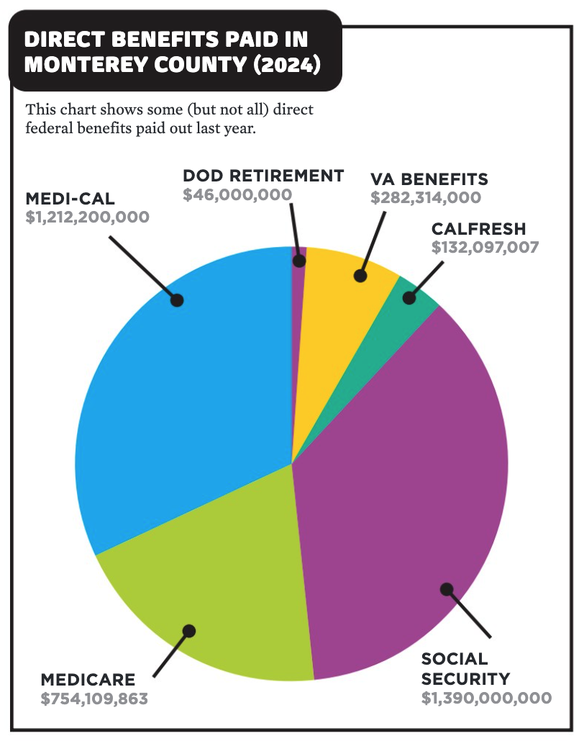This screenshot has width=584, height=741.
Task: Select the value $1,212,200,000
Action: [x=87, y=217]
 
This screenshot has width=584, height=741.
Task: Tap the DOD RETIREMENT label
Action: [x=263, y=175]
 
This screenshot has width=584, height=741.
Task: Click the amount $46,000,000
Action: [x=237, y=194]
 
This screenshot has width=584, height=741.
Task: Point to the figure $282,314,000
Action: [x=426, y=197]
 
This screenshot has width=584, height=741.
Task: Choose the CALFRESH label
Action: [x=478, y=229]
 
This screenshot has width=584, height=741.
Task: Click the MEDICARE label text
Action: [x=88, y=679]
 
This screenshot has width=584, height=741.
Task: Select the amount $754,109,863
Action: [x=94, y=699]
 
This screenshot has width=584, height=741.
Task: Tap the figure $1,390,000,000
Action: [x=487, y=698]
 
